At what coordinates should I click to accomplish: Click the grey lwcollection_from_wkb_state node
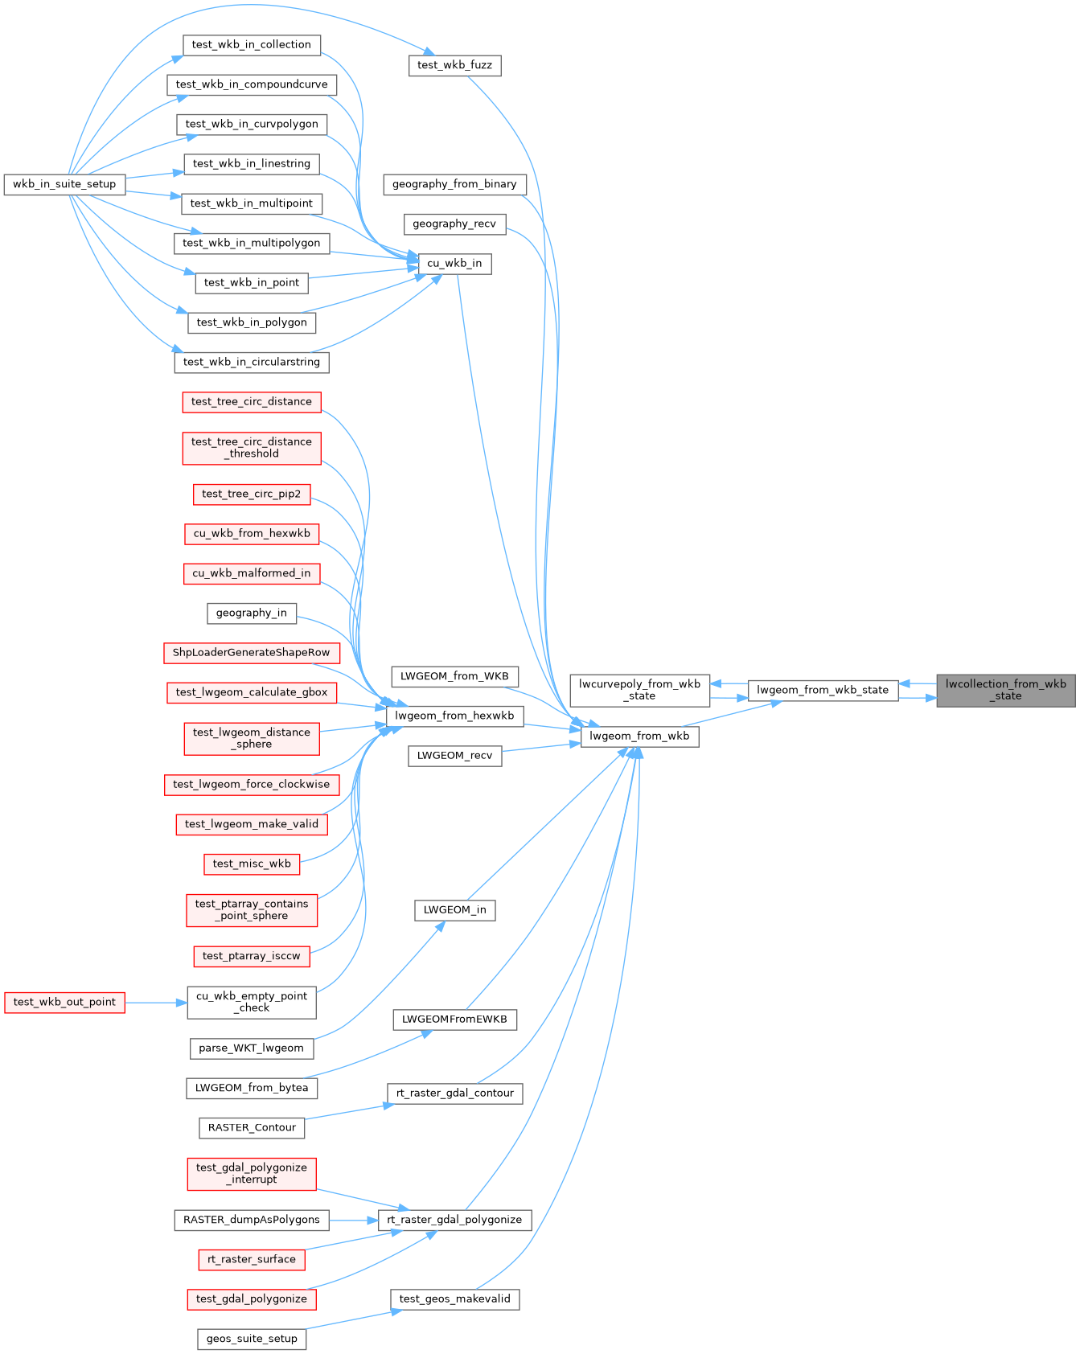[1005, 690]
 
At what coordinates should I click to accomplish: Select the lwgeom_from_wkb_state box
[823, 690]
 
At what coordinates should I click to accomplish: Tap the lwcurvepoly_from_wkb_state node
[639, 690]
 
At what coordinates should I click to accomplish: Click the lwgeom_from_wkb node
[639, 736]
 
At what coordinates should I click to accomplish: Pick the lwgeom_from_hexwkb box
[454, 716]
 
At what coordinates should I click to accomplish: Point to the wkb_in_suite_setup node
[64, 184]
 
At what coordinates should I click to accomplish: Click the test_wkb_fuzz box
[454, 65]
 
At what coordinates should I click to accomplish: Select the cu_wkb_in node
[454, 264]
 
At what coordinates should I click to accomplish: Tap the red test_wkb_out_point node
[64, 1002]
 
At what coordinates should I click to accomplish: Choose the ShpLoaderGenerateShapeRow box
[251, 652]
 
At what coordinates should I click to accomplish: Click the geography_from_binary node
[454, 184]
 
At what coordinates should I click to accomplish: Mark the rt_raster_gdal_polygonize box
[454, 1220]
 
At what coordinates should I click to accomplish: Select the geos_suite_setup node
[252, 1339]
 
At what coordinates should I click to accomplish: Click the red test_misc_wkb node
[252, 864]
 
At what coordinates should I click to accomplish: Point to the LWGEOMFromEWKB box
[454, 1020]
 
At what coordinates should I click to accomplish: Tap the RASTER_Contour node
[252, 1127]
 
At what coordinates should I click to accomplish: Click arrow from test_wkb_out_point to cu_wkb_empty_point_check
[156, 1002]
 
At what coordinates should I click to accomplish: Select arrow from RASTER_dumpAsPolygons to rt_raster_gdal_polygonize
[354, 1220]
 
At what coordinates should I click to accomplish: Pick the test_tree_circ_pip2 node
[252, 494]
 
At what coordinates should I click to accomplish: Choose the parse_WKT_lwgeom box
[252, 1048]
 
